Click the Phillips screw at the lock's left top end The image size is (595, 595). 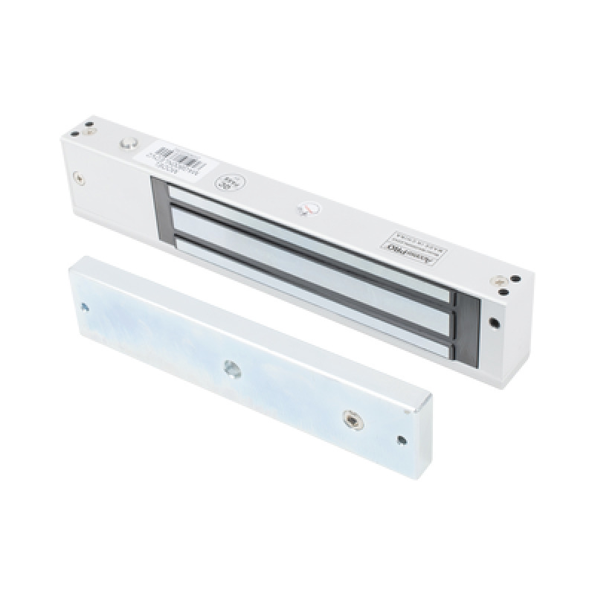click(90, 132)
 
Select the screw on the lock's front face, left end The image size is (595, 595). click(78, 178)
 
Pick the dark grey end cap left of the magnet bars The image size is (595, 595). click(160, 211)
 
